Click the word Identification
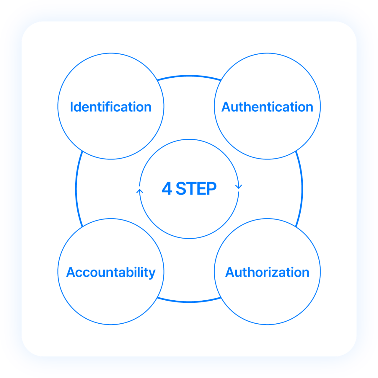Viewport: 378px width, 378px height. click(111, 107)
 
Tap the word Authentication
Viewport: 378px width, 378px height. click(267, 107)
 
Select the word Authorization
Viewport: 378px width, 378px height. click(267, 272)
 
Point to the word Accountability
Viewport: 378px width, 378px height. click(111, 272)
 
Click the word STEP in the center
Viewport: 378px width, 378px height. click(196, 188)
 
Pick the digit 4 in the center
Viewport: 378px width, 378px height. click(167, 188)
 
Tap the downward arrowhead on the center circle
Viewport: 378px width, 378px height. click(239, 186)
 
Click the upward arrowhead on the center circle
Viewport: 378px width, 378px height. click(140, 191)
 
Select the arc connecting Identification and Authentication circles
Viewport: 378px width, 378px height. click(189, 76)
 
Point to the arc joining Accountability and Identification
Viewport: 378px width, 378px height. click(76, 189)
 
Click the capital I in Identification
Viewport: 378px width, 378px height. click(71, 107)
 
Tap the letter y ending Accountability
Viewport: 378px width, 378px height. click(152, 274)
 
